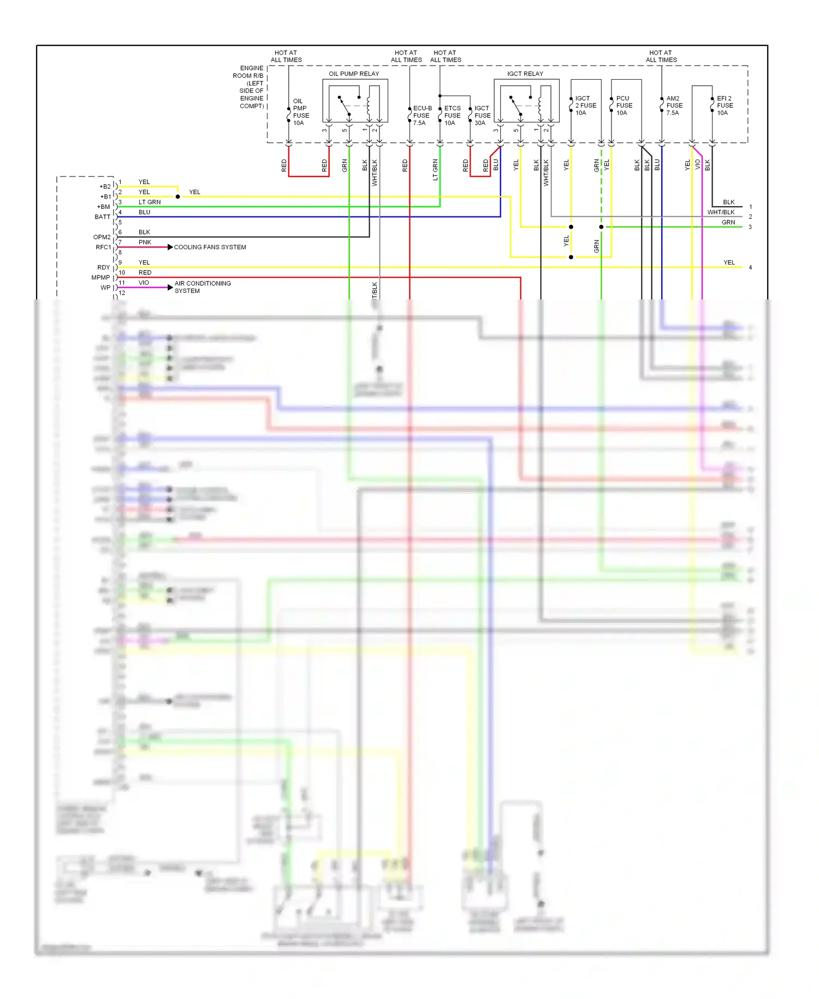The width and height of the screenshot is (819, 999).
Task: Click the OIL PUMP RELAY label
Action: tap(354, 74)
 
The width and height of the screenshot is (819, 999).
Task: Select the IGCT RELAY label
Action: tap(525, 74)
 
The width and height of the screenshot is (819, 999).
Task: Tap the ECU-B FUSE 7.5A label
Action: tap(422, 115)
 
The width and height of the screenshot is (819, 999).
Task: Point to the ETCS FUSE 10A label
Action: tap(452, 115)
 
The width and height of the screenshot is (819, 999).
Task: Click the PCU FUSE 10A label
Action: tap(624, 105)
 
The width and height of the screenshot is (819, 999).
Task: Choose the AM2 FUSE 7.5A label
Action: tap(674, 105)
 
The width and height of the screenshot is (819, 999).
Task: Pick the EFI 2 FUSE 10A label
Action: tap(725, 105)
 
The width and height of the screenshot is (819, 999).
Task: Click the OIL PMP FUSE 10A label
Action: tap(301, 112)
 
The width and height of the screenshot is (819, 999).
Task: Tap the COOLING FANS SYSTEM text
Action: tap(210, 247)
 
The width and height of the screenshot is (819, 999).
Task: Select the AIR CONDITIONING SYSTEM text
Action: tap(203, 287)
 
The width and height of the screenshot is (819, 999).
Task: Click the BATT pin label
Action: tap(103, 217)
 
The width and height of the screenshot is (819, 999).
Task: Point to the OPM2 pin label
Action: tap(102, 237)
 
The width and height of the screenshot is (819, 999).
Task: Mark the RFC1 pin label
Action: tap(103, 247)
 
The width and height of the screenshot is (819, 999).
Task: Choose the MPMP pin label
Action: tap(100, 278)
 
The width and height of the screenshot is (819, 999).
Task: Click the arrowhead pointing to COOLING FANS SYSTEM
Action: tap(170, 247)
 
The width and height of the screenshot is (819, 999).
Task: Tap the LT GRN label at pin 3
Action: tap(150, 202)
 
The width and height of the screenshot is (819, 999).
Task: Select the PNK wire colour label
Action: tap(145, 242)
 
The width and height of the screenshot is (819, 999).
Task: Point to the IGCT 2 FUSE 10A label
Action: tap(585, 105)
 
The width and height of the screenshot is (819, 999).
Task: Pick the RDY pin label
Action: tap(104, 267)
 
